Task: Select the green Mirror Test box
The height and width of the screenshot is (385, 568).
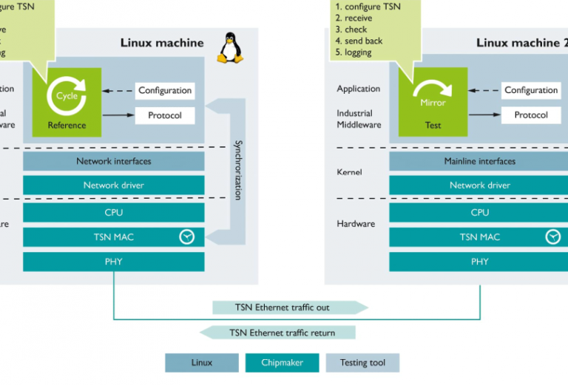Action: coord(433,102)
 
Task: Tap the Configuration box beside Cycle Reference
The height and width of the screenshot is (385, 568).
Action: coord(165,91)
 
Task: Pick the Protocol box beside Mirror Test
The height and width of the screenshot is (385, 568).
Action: coord(531,115)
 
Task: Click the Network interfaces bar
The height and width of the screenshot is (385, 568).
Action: coord(113,161)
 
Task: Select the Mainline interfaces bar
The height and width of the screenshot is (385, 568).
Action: coord(479,161)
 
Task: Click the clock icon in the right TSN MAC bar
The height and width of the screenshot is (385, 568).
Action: coord(552,236)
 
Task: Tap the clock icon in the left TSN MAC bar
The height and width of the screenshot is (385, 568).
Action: coord(187,236)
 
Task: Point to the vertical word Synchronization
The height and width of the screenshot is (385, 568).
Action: coord(238,169)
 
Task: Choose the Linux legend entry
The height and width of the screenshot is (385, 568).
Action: coord(201,363)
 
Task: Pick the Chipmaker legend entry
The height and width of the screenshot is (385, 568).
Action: coord(282,363)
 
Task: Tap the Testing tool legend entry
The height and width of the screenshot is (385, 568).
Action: coord(362,363)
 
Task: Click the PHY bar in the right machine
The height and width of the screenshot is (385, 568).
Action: coord(479,262)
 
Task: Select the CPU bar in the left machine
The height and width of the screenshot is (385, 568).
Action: coord(113,213)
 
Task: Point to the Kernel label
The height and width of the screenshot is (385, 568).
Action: coord(350,172)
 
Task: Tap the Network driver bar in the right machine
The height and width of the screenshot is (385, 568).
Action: coord(479,185)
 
